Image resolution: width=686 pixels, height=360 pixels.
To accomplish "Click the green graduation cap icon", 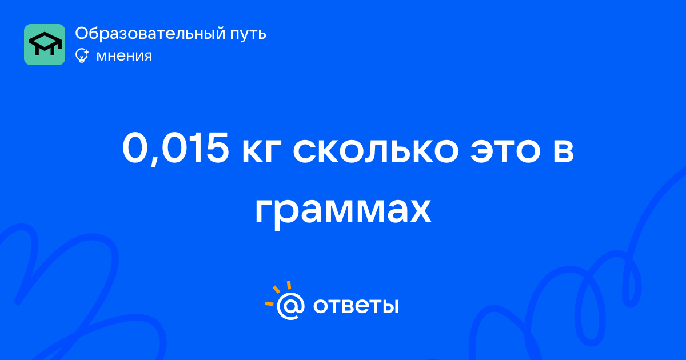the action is (x=45, y=45).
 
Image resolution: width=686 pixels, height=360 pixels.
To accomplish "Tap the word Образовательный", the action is (x=150, y=34).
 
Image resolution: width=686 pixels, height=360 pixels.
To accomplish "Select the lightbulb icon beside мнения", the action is (x=82, y=56).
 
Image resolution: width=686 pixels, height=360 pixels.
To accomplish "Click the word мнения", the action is (x=124, y=56).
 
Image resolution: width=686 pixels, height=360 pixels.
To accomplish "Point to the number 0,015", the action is (x=176, y=149).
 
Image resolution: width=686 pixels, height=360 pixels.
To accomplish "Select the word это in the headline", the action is (x=505, y=151).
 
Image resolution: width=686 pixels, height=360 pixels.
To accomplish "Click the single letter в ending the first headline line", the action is (x=564, y=151).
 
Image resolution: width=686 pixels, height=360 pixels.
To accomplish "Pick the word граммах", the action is (x=344, y=212).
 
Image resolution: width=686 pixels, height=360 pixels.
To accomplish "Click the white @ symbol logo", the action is (x=290, y=306).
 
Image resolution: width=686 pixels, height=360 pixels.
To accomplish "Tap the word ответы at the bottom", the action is (x=356, y=306).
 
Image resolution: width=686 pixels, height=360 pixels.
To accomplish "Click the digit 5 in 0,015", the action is (x=217, y=148).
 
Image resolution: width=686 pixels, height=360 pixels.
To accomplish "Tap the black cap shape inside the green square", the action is (x=45, y=43).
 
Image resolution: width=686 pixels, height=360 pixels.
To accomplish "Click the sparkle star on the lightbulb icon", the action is (x=86, y=52).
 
